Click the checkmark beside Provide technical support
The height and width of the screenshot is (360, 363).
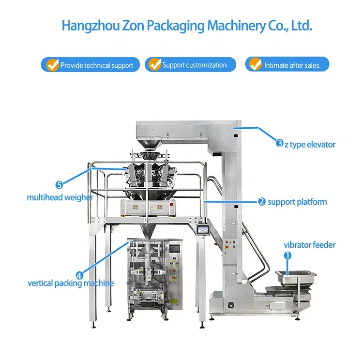point(51,64)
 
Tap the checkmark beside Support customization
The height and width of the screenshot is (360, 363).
point(154,64)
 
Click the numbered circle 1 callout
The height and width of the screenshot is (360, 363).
point(287,254)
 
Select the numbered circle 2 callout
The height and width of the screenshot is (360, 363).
point(262,202)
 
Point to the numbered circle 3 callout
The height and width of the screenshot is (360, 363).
point(280,143)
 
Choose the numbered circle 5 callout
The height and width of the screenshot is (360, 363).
point(59,184)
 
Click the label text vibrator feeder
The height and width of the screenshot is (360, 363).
point(309,245)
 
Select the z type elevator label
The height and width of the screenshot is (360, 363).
point(310,144)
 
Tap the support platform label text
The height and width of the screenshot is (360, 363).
point(297,202)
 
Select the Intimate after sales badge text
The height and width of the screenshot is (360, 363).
point(292,65)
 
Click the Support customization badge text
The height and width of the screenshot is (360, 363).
point(194,64)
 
